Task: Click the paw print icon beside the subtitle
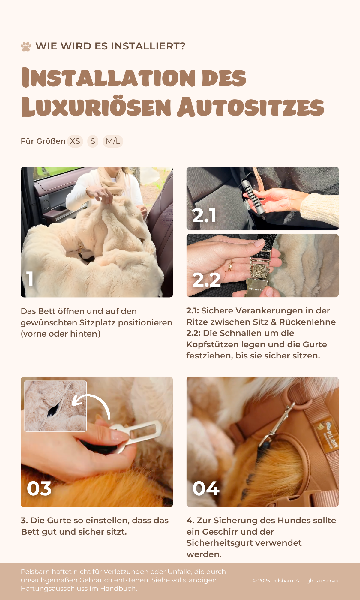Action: coord(26,46)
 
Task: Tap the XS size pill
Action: coord(75,141)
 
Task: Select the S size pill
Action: coord(93,141)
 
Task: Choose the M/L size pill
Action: coord(113,141)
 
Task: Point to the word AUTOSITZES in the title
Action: coord(250,107)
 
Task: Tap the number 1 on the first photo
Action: coord(30,279)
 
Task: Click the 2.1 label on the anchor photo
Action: coord(204,215)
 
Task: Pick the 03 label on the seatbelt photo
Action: coord(39,488)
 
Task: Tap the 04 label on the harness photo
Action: coord(206,488)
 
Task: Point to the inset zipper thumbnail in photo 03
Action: coord(55,406)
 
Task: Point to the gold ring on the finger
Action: coord(230,266)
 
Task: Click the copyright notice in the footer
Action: coord(297,580)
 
